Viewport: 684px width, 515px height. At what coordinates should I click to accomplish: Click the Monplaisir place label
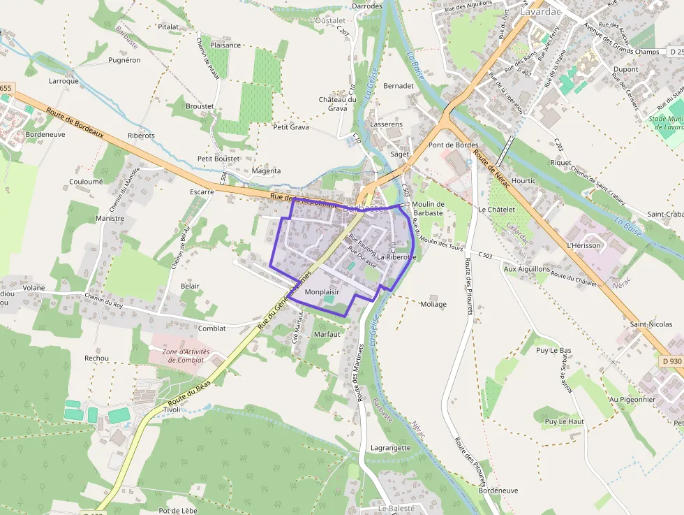pos(321,291)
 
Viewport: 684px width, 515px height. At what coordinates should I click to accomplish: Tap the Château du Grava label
pos(338,103)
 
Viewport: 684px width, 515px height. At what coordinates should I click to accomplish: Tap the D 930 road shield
pos(671,361)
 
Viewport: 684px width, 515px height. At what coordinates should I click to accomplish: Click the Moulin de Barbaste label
pos(428,208)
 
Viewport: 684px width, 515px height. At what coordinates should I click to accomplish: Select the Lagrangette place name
pos(391,448)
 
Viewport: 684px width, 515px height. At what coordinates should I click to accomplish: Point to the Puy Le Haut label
pos(564,421)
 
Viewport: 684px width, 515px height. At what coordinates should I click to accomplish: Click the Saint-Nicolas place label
pos(650,324)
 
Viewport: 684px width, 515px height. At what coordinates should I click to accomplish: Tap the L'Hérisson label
pos(583,245)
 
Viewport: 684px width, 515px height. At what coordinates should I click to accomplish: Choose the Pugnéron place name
pos(124,60)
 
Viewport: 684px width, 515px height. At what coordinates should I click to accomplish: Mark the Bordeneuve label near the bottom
pos(498,491)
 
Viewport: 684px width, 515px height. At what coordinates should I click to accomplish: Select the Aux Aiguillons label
pos(527,268)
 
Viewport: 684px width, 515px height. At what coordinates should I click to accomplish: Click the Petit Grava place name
pos(291,127)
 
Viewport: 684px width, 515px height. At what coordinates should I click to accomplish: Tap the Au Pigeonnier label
pos(632,400)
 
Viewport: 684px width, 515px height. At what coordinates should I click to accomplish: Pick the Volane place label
pos(34,287)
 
